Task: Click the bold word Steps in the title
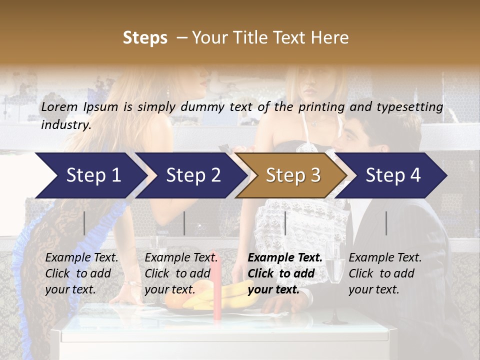tap(145, 38)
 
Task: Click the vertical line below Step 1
tap(84, 223)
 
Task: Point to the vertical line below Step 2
tap(184, 223)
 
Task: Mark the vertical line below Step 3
tap(285, 223)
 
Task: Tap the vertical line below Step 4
tap(386, 223)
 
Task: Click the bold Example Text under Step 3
tap(285, 258)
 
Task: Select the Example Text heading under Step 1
tap(81, 258)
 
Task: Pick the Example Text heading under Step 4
tap(385, 258)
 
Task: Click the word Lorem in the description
tap(59, 107)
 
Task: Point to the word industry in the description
tap(66, 125)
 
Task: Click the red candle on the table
tap(216, 285)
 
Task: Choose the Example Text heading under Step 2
tap(181, 258)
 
